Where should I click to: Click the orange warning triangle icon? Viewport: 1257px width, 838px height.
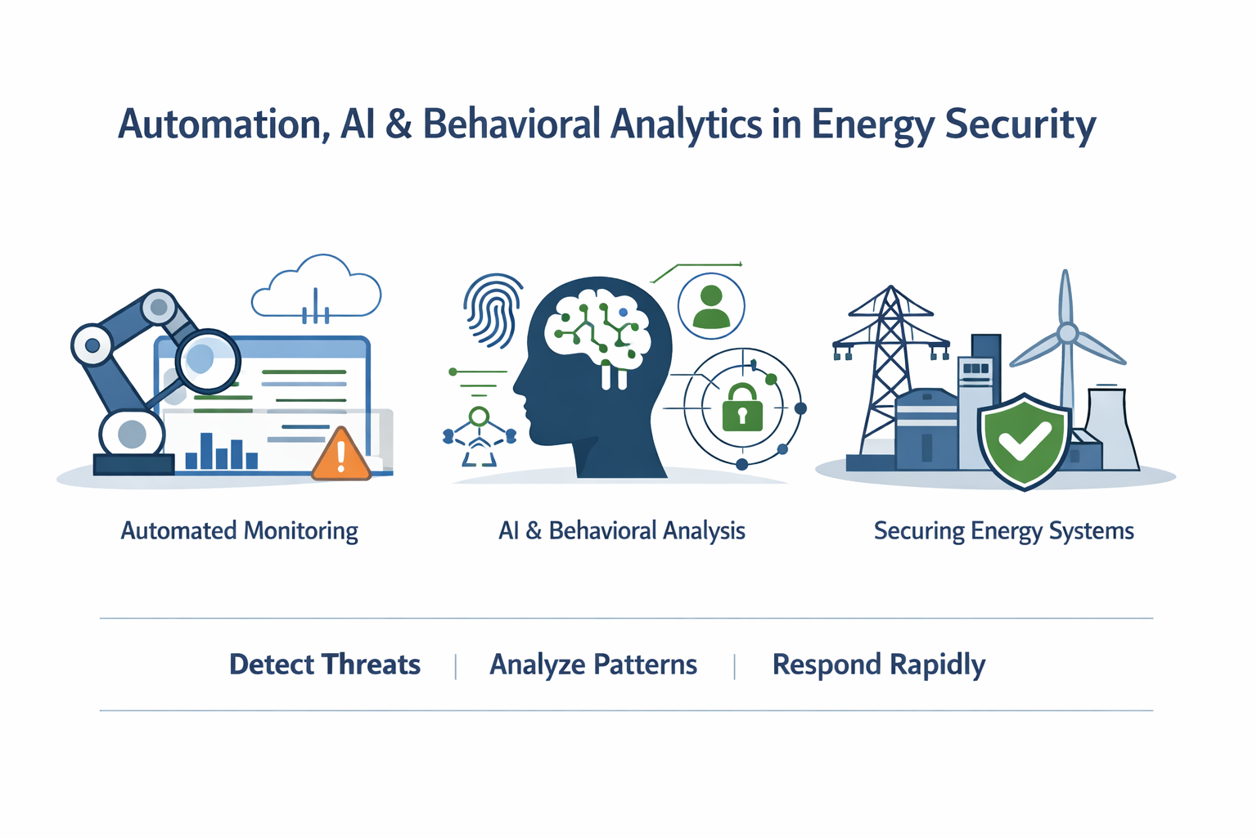pos(341,456)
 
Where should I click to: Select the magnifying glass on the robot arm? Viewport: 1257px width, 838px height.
pos(208,360)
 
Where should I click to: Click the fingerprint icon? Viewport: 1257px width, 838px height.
pos(493,309)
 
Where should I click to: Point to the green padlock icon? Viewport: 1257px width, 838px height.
pos(742,408)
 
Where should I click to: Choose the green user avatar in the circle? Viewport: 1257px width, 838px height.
pos(711,307)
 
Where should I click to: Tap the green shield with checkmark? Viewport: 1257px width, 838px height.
pos(1024,440)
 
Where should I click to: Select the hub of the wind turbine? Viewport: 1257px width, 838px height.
pos(1067,333)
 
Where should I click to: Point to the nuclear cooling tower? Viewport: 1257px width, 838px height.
pos(1111,430)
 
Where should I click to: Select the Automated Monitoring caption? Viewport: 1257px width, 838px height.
pos(240,531)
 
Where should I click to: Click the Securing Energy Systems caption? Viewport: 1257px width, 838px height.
pos(1003,531)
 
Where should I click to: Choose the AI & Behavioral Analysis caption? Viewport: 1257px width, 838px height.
pos(622,531)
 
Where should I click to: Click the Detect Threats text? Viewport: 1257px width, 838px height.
pos(325,665)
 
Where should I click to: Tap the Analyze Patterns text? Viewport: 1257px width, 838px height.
pos(593,665)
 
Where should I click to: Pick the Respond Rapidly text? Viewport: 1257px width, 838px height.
pos(879,665)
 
